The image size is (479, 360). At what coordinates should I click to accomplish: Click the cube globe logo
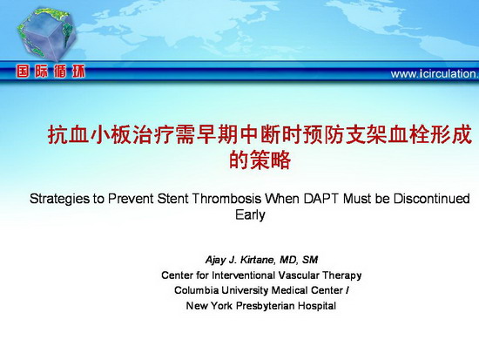click(x=46, y=34)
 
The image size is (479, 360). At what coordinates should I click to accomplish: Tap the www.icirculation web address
click(x=435, y=74)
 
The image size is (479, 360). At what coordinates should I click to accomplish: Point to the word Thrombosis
click(x=227, y=199)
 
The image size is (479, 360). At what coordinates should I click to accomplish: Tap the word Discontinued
click(x=432, y=199)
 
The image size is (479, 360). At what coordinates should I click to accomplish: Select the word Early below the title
click(x=250, y=215)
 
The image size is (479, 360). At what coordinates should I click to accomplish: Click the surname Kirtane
click(x=256, y=260)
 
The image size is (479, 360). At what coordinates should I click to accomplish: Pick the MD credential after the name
click(x=288, y=260)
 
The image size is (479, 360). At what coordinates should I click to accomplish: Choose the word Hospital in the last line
click(x=317, y=306)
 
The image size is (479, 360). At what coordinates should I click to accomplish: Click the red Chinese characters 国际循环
click(x=51, y=72)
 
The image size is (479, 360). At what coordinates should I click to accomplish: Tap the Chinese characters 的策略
click(x=260, y=160)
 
